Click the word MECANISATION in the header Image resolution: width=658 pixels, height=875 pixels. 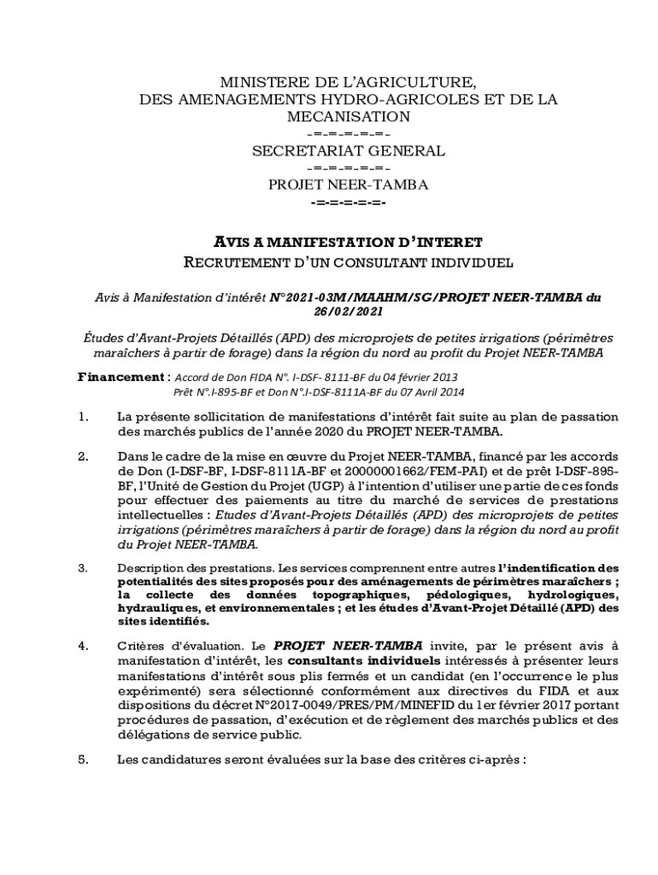pos(348,116)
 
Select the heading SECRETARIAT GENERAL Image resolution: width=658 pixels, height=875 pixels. pos(348,151)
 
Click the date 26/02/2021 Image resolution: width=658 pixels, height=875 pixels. pos(348,313)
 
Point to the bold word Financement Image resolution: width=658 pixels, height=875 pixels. pos(120,377)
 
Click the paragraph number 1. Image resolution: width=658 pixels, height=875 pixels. pos(82,417)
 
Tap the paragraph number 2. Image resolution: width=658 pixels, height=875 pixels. pos(82,457)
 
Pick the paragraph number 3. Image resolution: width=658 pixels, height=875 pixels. pos(82,567)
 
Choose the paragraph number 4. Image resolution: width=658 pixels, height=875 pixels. pos(82,646)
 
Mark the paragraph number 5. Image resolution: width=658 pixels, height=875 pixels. pos(82,757)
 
